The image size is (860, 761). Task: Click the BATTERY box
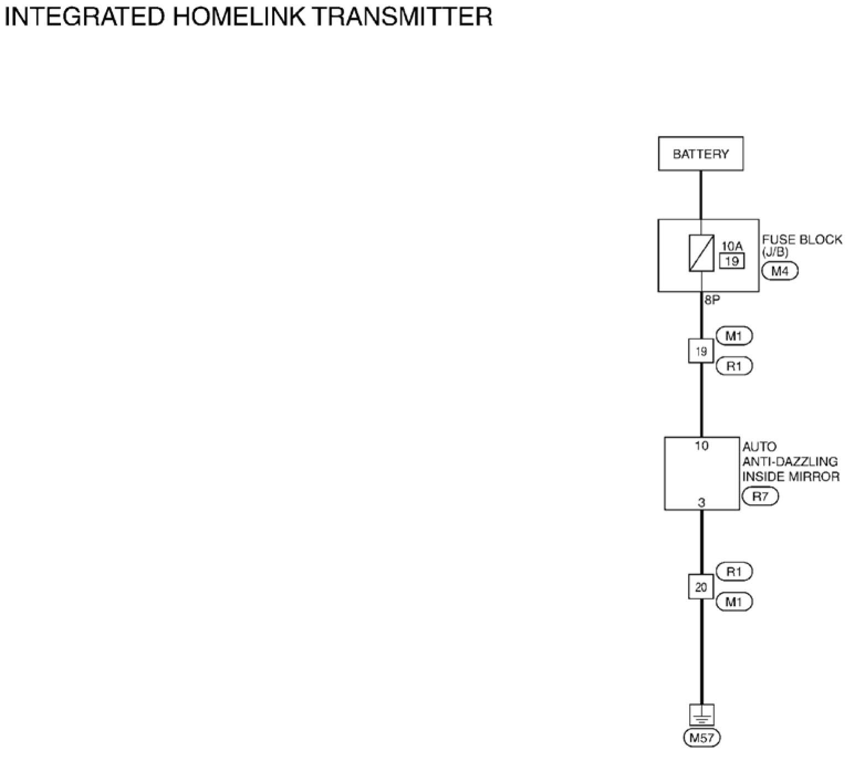[x=701, y=153]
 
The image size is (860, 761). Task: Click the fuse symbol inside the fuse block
[x=701, y=253]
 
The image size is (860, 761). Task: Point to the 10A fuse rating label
[x=732, y=246]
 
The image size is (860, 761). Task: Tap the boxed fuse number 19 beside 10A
[x=732, y=261]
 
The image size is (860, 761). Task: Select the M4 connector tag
[x=780, y=271]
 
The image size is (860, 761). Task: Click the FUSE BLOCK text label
[x=802, y=240]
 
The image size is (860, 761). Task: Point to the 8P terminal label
[x=712, y=299]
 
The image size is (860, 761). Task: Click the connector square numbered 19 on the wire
[x=701, y=351]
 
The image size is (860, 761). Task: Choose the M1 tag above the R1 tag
[x=734, y=336]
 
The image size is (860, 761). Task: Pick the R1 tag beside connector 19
[x=734, y=366]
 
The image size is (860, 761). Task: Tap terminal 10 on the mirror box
[x=701, y=446]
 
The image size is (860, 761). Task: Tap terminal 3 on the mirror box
[x=701, y=503]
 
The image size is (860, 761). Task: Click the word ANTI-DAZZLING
[x=790, y=462]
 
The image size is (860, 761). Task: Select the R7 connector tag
[x=760, y=496]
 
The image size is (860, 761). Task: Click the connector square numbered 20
[x=701, y=587]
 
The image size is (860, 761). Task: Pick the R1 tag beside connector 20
[x=734, y=572]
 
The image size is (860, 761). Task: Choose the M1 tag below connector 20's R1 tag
[x=734, y=602]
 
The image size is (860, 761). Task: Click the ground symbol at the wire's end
[x=701, y=715]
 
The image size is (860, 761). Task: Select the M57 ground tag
[x=702, y=738]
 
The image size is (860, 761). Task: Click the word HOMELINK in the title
[x=238, y=17]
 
